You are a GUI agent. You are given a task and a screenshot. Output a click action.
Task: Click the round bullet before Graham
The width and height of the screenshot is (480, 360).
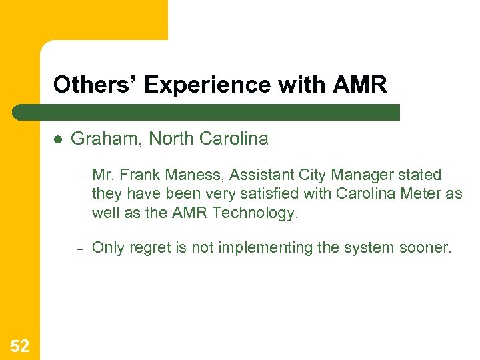click(58, 139)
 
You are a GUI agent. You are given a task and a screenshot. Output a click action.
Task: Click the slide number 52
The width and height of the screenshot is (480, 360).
click(20, 345)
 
